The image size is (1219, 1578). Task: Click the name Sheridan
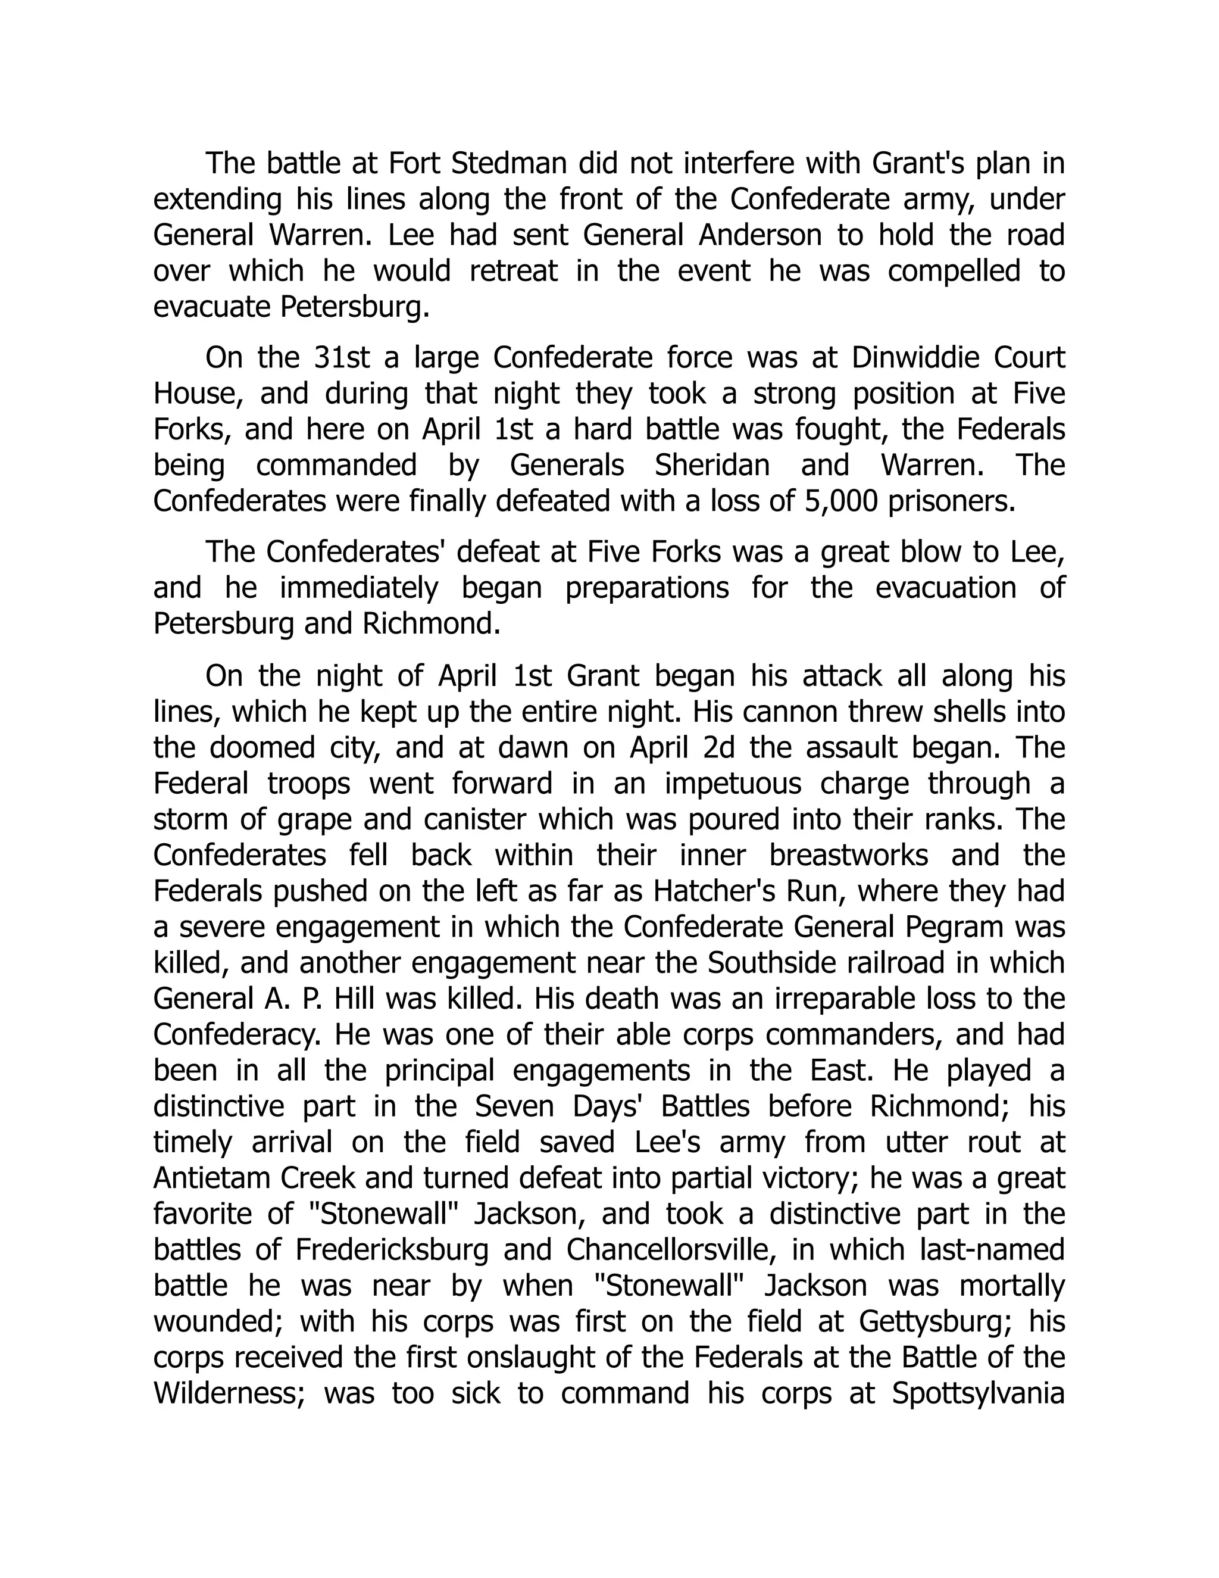pos(712,465)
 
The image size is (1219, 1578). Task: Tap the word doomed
pos(262,748)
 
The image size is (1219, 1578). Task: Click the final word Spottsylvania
pos(979,1393)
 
